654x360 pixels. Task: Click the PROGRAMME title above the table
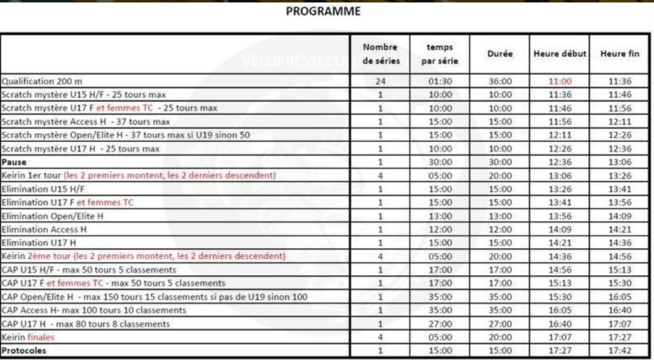point(323,11)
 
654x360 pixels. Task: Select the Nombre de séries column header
point(380,54)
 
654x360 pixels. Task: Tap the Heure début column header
point(560,54)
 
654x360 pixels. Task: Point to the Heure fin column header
point(620,54)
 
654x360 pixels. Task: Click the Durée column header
point(500,54)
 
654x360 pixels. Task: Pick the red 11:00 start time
point(560,81)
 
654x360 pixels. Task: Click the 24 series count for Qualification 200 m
point(380,81)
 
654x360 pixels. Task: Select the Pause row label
point(14,162)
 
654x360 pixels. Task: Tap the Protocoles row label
point(24,351)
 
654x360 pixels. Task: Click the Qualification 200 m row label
point(42,81)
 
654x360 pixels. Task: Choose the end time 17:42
point(620,351)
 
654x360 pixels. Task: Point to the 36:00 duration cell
point(500,81)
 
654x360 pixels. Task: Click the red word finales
point(41,337)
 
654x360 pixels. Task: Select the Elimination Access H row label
point(44,230)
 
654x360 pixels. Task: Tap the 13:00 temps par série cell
point(440,216)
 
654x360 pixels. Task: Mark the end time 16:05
point(620,297)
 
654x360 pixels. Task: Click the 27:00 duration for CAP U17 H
point(500,324)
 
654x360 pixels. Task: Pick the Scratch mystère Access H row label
point(85,121)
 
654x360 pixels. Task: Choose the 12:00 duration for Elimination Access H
point(500,230)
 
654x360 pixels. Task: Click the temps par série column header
point(440,54)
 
